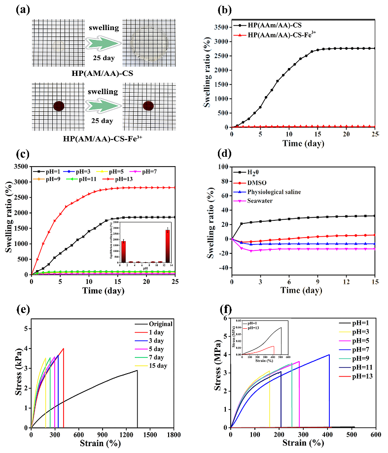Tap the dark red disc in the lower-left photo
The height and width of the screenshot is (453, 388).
(59, 106)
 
